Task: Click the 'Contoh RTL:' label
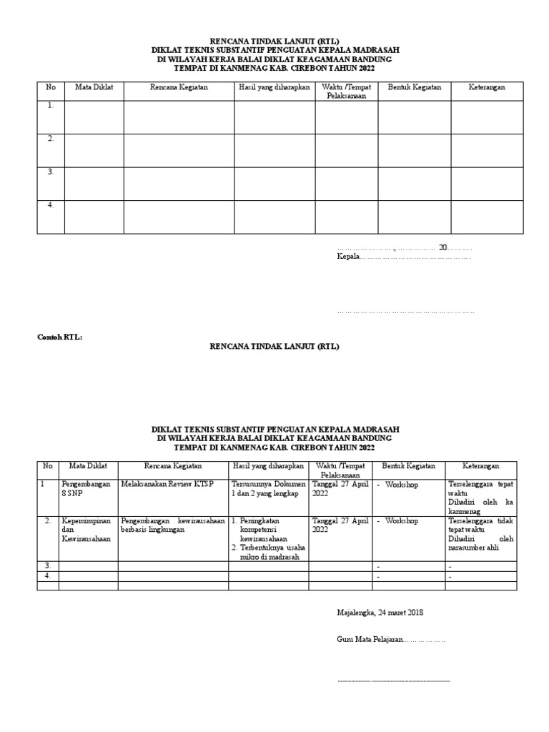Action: click(x=60, y=337)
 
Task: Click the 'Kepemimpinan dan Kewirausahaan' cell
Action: click(x=86, y=530)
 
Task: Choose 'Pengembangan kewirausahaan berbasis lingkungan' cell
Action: click(x=173, y=525)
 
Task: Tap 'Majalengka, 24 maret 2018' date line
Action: click(x=380, y=613)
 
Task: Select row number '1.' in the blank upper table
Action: click(x=51, y=106)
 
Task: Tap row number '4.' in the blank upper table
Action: click(x=51, y=205)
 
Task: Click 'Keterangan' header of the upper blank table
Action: click(x=487, y=87)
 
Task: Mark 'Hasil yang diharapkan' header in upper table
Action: click(x=273, y=87)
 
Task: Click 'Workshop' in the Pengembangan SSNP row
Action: click(x=402, y=484)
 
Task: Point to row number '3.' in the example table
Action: click(x=48, y=565)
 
